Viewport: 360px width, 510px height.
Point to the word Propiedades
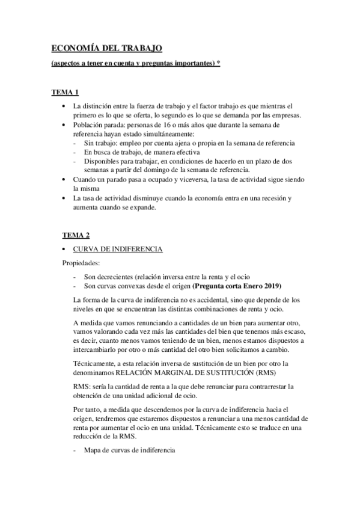(82, 263)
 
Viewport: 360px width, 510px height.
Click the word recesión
(269, 198)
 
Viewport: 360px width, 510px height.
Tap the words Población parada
(100, 124)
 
